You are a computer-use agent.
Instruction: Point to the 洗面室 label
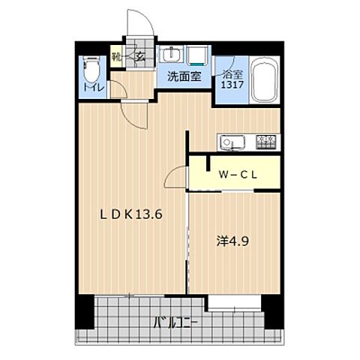pos(182,76)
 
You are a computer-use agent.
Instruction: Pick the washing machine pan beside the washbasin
pos(198,55)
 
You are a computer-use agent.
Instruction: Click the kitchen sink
pos(229,142)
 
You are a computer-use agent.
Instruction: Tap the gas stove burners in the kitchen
pos(266,141)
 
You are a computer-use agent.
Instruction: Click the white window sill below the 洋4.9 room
pos(235,303)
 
